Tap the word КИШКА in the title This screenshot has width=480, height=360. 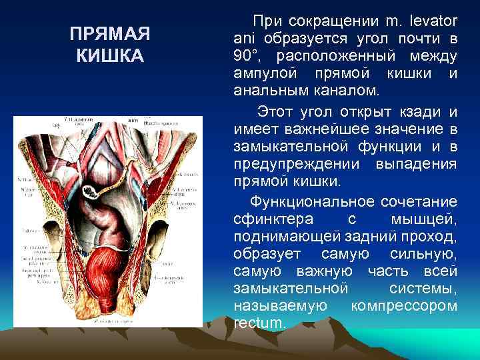[x=110, y=55]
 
